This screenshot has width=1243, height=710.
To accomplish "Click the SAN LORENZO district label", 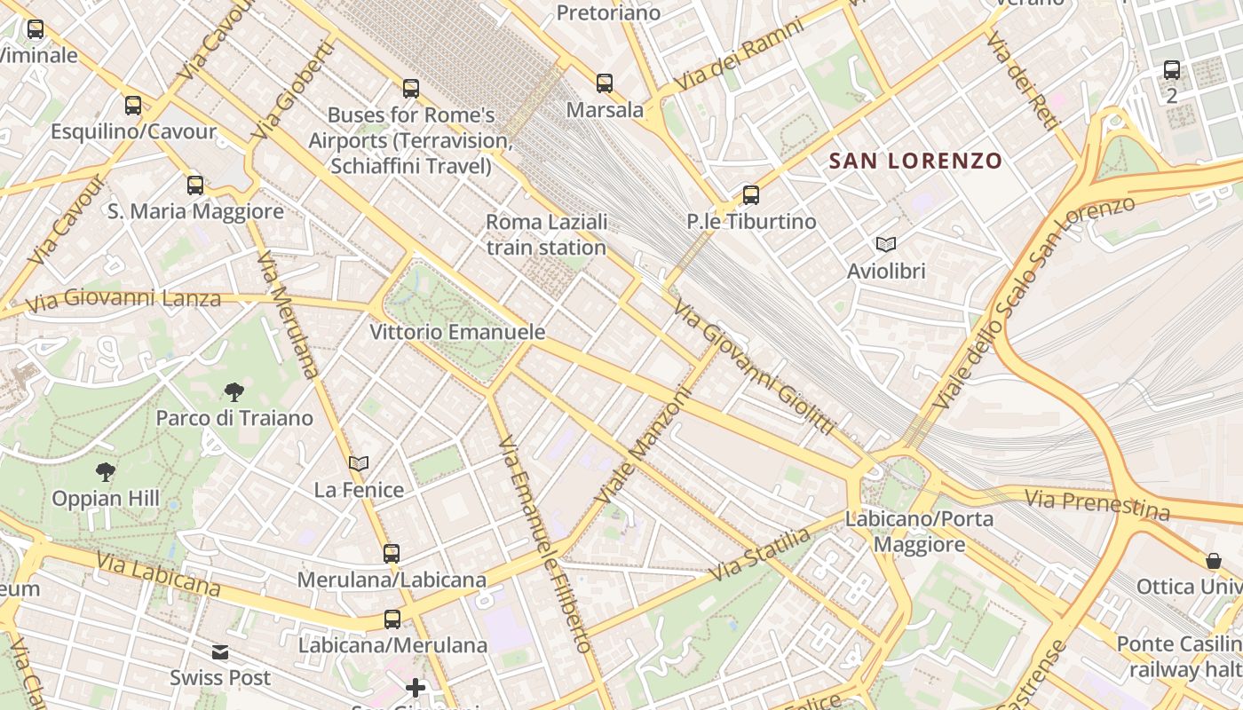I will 915,162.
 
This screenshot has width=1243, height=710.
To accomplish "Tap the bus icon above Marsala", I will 605,83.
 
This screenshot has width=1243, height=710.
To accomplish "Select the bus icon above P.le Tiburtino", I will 751,195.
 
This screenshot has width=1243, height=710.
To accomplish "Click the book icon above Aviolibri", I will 885,244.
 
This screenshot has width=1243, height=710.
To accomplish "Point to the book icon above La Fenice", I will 359,463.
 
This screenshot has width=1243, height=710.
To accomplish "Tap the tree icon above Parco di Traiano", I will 234,391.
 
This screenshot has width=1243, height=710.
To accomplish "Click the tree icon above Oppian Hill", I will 106,472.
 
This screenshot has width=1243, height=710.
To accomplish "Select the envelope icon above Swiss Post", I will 220,652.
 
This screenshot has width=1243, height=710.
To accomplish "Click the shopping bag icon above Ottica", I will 1214,561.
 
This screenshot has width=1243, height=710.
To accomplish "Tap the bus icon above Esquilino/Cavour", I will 133,106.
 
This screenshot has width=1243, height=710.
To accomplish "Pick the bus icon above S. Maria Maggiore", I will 195,185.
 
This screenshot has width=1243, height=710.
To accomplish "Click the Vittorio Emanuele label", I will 457,332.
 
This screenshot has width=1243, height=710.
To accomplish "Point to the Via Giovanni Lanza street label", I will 123,298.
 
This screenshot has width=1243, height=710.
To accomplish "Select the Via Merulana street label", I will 287,314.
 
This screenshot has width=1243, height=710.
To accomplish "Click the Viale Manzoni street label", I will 646,446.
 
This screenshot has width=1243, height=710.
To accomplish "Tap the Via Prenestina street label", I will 1097,504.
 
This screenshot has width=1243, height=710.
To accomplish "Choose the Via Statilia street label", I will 760,555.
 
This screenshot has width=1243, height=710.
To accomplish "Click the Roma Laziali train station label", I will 546,234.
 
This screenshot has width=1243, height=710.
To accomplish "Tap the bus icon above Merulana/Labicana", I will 392,554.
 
